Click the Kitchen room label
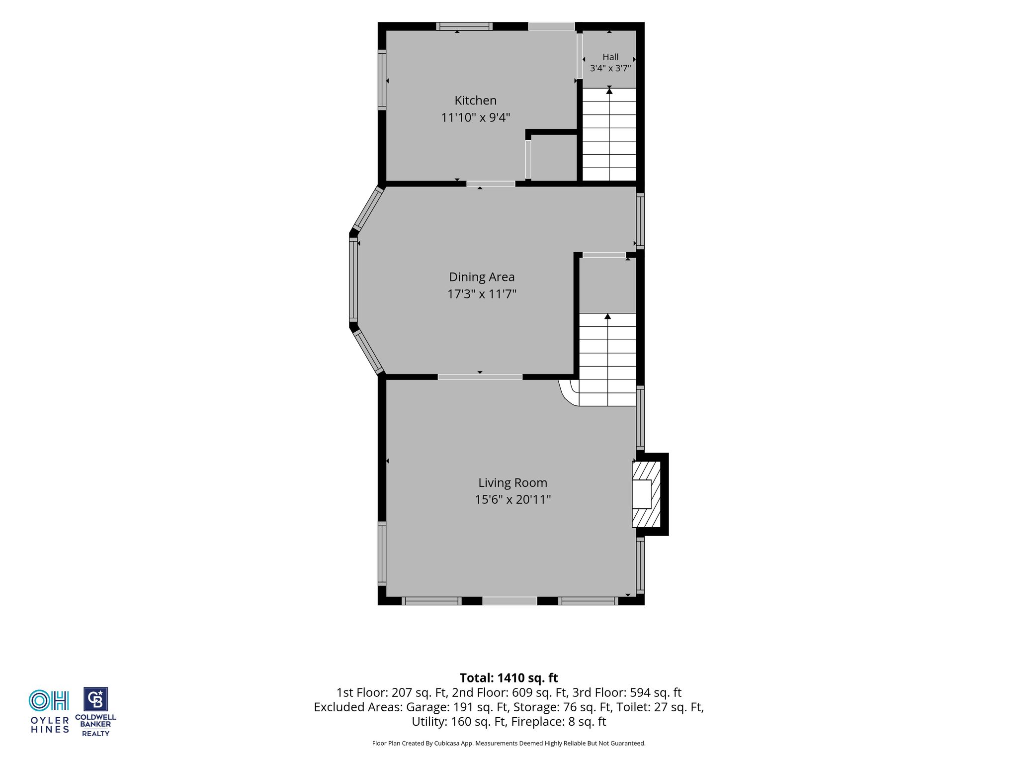click(x=475, y=100)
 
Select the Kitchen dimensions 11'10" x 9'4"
click(x=476, y=117)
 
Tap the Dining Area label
click(x=482, y=277)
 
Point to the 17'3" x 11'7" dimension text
click(x=482, y=294)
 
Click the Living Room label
click(x=512, y=483)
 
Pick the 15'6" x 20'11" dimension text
click(x=512, y=499)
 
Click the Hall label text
click(x=610, y=57)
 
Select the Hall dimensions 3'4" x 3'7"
click(x=610, y=68)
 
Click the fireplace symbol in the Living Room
click(x=646, y=494)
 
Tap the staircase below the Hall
click(x=609, y=134)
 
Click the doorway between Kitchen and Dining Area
click(x=491, y=184)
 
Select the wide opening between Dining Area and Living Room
click(x=480, y=377)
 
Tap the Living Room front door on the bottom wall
click(x=509, y=601)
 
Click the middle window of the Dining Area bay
click(x=353, y=280)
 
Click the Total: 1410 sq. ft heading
click(x=509, y=678)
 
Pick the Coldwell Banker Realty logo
click(x=95, y=712)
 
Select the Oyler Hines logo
click(x=49, y=711)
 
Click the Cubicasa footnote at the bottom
click(x=509, y=743)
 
